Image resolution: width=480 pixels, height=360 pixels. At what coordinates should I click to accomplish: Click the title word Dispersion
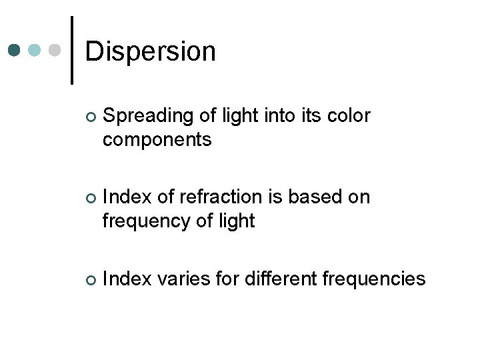[151, 51]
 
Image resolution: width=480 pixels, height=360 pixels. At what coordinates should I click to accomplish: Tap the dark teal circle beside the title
[15, 51]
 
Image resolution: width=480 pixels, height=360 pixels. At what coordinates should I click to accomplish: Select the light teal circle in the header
[35, 51]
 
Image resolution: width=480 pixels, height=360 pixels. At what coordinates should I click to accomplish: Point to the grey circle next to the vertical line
[56, 51]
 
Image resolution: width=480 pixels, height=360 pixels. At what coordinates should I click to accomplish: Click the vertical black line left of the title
[71, 50]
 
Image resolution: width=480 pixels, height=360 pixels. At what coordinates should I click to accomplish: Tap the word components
[157, 140]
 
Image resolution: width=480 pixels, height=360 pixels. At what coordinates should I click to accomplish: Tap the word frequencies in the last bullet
[374, 279]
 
